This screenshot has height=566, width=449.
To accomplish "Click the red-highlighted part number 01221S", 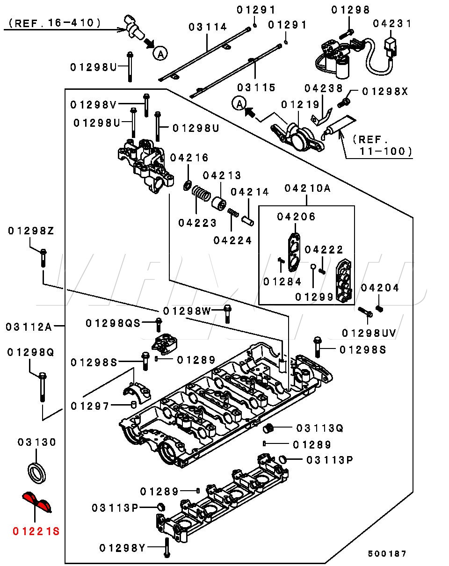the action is point(36,531).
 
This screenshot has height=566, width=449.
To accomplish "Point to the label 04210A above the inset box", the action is point(307,189).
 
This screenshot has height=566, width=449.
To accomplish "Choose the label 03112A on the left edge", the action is point(29,327).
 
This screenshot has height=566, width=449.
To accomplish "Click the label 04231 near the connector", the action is point(391,24).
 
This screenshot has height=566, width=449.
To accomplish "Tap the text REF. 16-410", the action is point(55,23).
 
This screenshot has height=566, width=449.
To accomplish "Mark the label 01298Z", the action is point(31,231).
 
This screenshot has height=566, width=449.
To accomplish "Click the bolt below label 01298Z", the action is point(43,258).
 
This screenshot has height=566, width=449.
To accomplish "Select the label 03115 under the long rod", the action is point(256,87).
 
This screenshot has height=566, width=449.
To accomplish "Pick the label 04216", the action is point(189,158).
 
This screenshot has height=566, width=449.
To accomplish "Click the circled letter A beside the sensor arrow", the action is point(160,54).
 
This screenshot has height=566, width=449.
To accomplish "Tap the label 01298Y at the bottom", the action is point(123,548).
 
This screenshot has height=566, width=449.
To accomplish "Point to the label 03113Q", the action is point(320,428).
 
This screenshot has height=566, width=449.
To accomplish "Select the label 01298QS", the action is point(113,323).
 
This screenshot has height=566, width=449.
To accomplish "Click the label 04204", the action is point(380,288).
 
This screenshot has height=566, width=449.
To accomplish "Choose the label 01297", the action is point(90,406).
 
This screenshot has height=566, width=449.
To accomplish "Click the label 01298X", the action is point(385,92).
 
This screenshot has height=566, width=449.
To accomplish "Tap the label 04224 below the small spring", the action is point(232,240).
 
